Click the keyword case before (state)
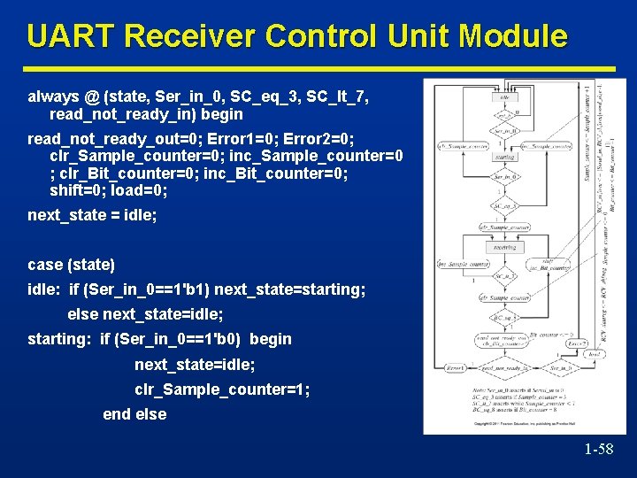coord(46,265)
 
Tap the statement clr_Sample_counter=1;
coord(221,389)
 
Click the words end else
coord(134,413)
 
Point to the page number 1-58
coord(598,449)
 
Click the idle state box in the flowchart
coord(504,97)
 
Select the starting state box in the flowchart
coord(504,157)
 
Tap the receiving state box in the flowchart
coord(504,248)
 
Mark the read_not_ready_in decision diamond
coord(506,367)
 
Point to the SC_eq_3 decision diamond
coord(504,205)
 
